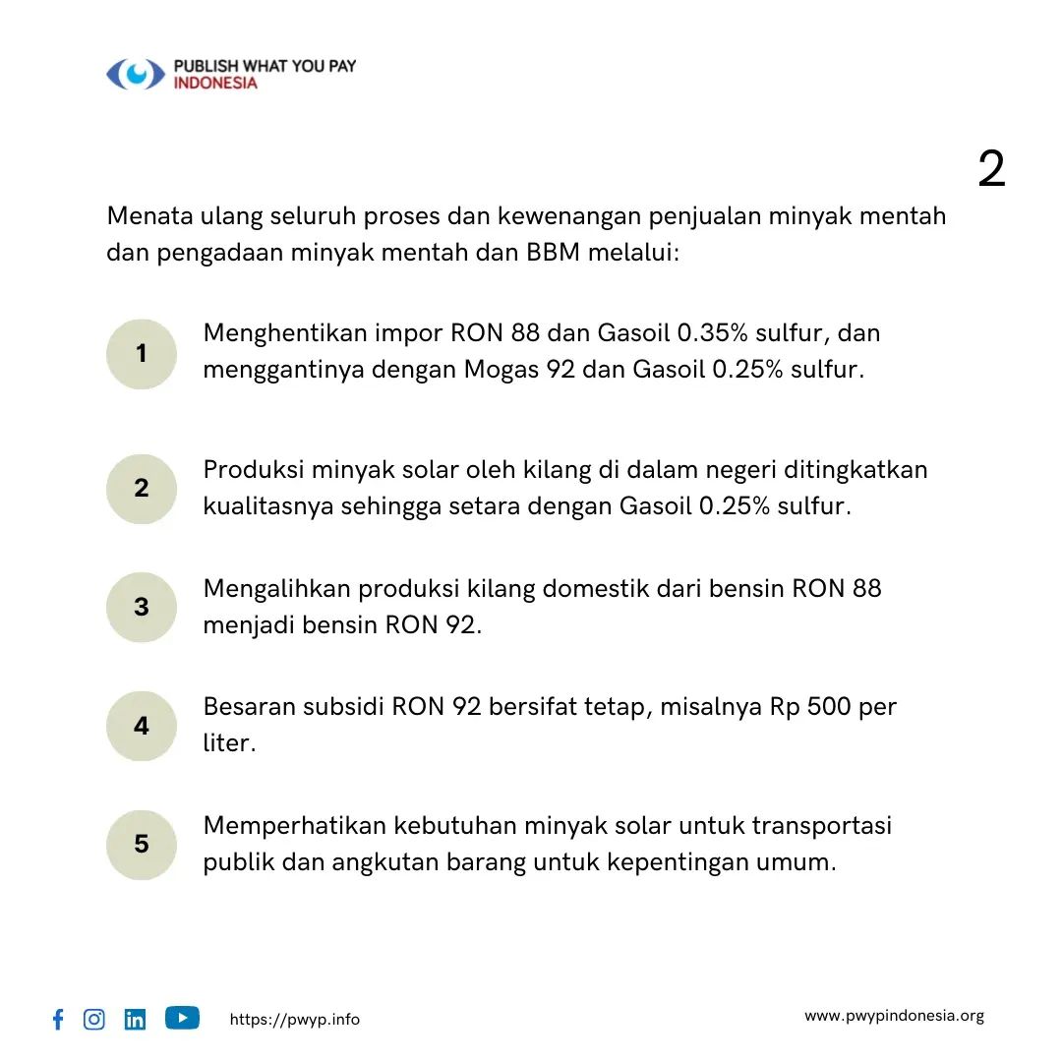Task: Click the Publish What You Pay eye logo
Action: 136,75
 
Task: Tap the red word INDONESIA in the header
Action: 215,84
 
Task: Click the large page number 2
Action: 991,169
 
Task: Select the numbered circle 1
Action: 142,354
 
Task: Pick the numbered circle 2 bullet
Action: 142,489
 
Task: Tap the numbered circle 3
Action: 142,607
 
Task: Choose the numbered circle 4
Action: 142,726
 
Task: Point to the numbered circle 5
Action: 142,844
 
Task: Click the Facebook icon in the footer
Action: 58,1020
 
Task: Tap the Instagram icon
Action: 94,1020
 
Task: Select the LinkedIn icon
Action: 135,1020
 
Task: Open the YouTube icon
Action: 182,1018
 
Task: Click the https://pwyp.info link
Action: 294,1020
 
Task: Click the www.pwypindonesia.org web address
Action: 894,1016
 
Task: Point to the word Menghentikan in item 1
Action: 284,333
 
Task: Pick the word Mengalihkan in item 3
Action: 276,589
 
